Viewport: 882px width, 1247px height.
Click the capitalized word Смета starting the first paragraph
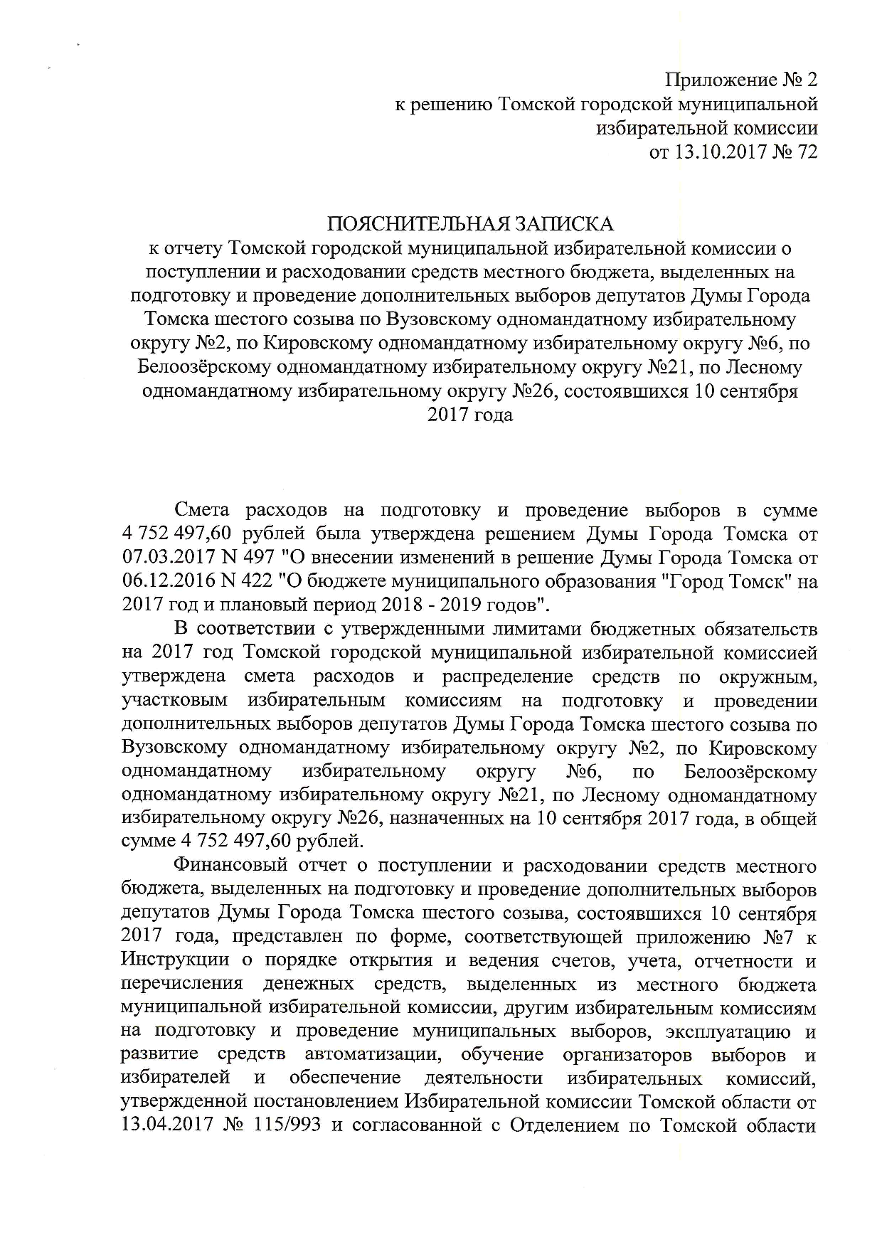pyautogui.click(x=201, y=511)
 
